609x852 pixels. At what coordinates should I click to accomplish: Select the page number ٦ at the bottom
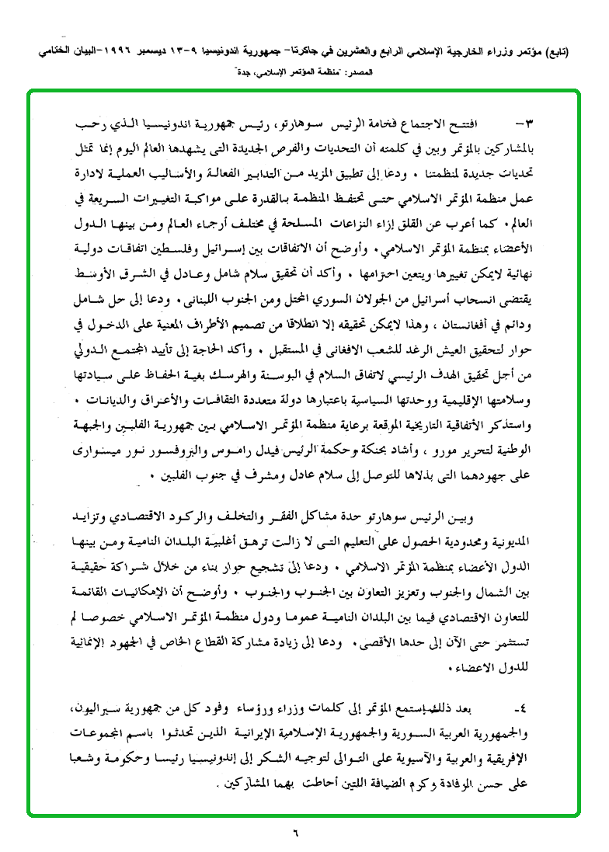click(x=296, y=836)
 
